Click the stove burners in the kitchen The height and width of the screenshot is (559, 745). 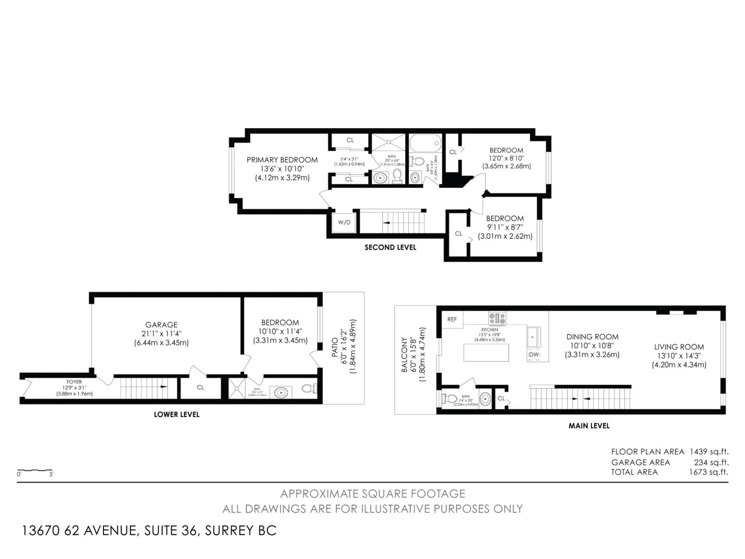[x=497, y=318]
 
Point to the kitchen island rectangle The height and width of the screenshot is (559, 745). [x=486, y=352]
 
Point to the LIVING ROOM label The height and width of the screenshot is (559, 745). [x=679, y=347]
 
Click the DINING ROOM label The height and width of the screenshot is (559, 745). [x=592, y=337]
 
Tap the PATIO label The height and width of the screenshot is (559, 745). [x=335, y=347]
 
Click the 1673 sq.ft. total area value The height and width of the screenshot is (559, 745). [x=708, y=472]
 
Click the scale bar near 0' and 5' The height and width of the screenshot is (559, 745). [x=35, y=470]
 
